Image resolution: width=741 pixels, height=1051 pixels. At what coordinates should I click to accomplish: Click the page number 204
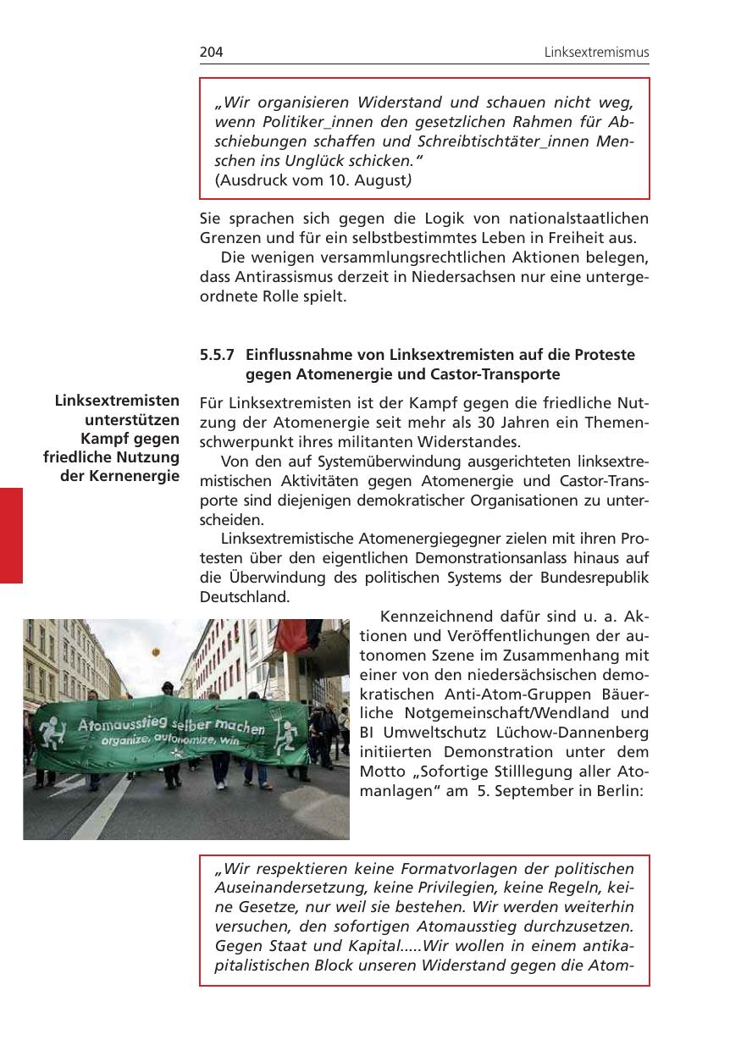click(x=211, y=53)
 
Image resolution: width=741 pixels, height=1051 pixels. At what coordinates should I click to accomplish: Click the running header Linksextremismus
click(x=596, y=53)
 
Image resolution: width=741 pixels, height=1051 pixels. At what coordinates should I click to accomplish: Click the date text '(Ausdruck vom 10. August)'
click(x=313, y=180)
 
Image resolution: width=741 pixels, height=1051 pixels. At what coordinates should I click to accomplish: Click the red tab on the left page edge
click(x=11, y=534)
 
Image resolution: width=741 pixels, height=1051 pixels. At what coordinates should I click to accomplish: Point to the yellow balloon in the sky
click(x=156, y=652)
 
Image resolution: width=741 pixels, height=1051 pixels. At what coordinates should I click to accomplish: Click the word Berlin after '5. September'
click(x=622, y=792)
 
